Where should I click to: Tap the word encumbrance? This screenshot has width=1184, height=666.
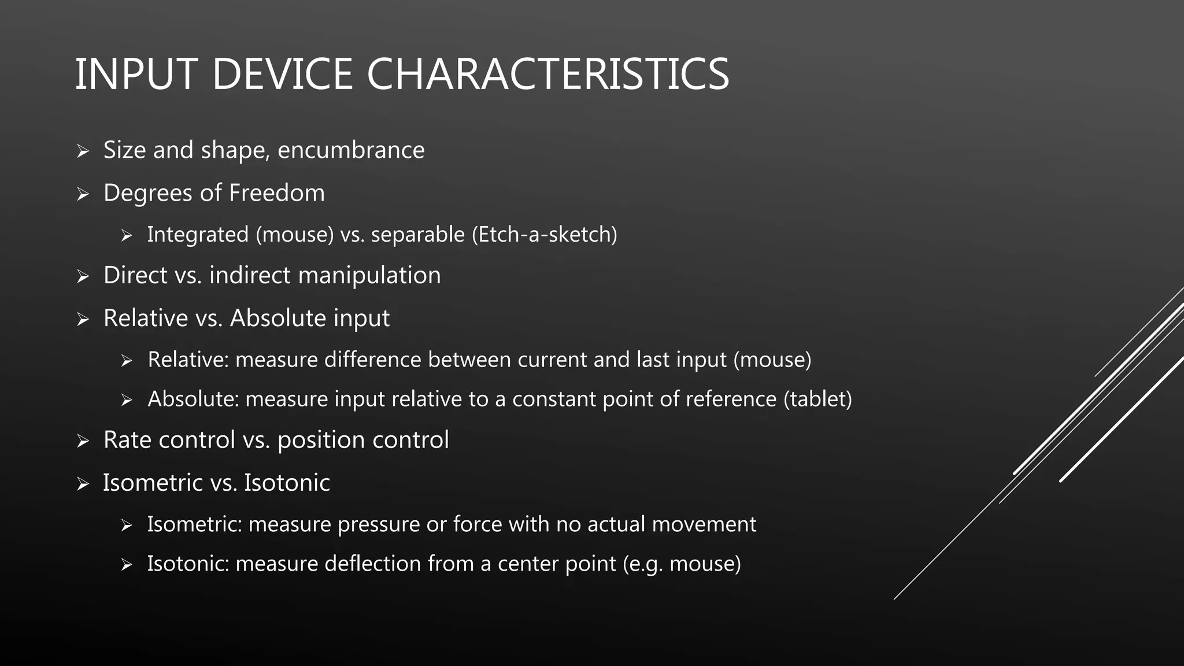pos(351,150)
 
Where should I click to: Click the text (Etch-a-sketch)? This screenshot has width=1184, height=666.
pos(544,235)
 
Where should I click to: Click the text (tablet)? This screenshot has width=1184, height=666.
pos(817,399)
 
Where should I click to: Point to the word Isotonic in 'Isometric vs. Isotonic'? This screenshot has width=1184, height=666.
pos(287,483)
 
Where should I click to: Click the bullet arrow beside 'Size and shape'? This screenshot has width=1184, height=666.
pos(83,151)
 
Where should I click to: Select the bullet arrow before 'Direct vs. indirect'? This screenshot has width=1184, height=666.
pos(83,276)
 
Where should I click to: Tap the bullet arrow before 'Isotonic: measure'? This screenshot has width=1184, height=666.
pos(127,565)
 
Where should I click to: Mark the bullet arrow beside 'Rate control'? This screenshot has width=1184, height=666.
pos(83,441)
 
